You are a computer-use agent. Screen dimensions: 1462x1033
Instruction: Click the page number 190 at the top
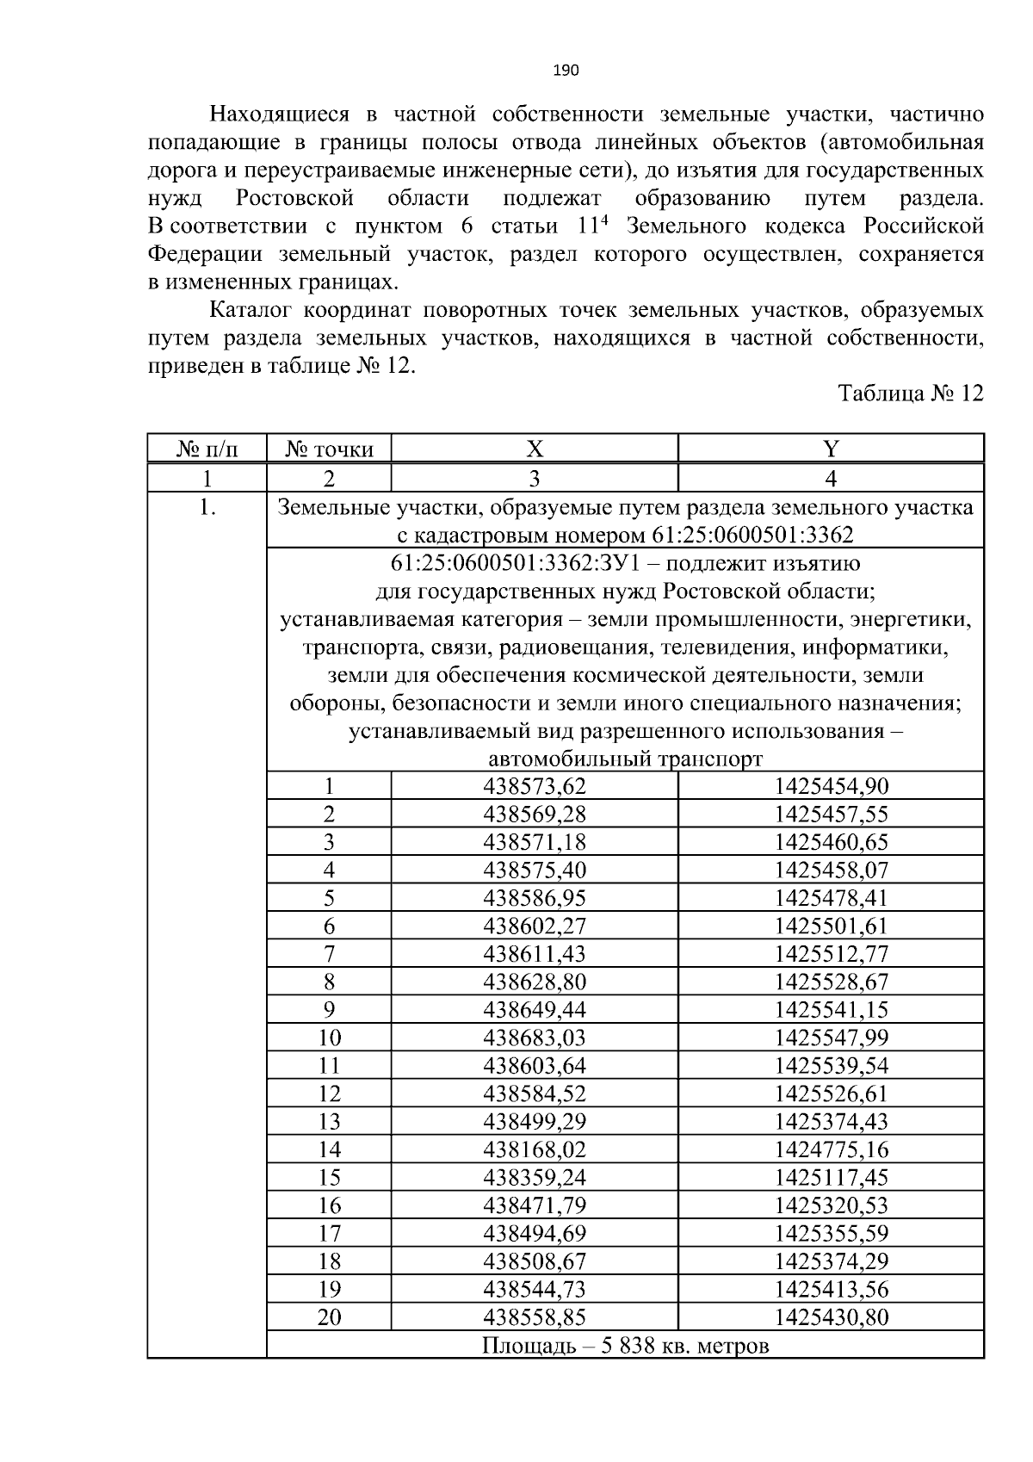(x=565, y=70)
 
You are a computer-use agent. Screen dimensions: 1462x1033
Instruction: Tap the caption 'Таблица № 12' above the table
(x=911, y=393)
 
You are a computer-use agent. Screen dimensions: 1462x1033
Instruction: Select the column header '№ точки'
(x=330, y=449)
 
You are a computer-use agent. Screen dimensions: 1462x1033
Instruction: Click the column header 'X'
(x=535, y=449)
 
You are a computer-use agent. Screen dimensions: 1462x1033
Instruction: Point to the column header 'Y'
(x=831, y=449)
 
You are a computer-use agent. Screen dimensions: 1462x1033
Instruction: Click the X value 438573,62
(x=535, y=786)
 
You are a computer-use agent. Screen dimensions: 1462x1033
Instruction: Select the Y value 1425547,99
(x=831, y=1038)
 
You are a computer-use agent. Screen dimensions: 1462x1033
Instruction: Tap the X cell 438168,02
(x=535, y=1149)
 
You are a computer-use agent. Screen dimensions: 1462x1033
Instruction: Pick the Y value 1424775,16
(x=831, y=1149)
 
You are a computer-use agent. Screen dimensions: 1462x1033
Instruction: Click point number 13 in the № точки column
(x=330, y=1122)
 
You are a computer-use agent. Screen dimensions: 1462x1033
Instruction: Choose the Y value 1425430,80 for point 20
(x=831, y=1317)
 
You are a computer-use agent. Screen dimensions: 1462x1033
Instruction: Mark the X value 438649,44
(x=535, y=1010)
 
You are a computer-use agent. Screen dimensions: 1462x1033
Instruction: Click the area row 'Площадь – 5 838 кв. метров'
(x=625, y=1345)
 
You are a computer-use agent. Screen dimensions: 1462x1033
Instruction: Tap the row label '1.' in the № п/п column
(x=207, y=508)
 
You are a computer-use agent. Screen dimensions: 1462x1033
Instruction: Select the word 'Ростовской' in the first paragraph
(x=295, y=199)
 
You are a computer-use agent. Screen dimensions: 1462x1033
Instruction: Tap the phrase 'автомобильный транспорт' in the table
(x=625, y=759)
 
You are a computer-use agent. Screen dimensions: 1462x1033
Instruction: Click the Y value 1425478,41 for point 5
(x=831, y=898)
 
